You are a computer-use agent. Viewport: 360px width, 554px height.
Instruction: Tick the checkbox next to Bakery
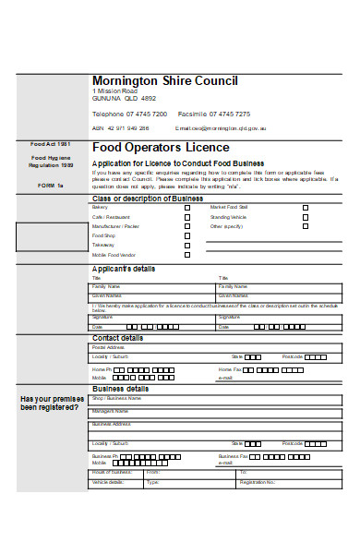click(x=187, y=207)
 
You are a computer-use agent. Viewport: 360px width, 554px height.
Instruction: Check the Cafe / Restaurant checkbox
click(x=187, y=216)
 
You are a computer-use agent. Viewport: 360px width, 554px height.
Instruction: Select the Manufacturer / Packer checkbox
click(x=187, y=225)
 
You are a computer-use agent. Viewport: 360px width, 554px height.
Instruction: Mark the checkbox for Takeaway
click(x=187, y=245)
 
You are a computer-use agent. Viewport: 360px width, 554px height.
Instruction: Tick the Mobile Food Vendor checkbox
click(x=187, y=254)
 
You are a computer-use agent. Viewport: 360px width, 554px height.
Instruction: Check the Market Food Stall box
click(x=306, y=207)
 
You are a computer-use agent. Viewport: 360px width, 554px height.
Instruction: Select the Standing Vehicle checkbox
click(x=306, y=216)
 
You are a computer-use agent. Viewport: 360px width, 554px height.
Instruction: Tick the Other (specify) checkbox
click(x=306, y=225)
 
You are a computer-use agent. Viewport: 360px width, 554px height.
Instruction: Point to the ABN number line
click(x=120, y=127)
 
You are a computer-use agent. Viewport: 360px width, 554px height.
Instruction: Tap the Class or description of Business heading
click(x=147, y=199)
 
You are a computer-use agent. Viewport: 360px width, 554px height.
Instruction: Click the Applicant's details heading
click(x=124, y=269)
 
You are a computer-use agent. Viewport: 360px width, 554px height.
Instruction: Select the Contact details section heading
click(x=118, y=338)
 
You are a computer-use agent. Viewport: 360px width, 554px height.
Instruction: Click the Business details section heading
click(x=120, y=389)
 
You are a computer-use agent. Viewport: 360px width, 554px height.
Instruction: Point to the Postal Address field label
click(x=106, y=347)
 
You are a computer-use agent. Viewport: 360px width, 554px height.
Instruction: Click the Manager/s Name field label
click(x=108, y=410)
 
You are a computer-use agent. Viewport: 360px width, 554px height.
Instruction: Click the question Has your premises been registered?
click(x=50, y=403)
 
